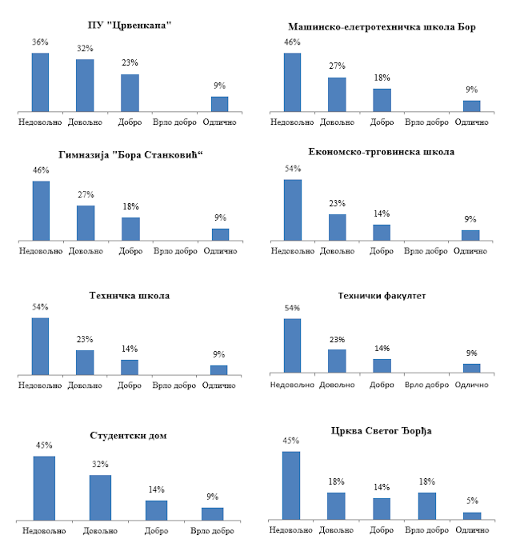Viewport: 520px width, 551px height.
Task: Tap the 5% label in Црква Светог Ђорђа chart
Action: pos(472,501)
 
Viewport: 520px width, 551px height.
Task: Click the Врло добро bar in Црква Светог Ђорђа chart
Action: pos(427,506)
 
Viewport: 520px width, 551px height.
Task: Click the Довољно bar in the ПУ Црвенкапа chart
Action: pos(85,85)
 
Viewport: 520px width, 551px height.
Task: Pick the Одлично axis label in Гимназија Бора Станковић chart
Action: pos(220,251)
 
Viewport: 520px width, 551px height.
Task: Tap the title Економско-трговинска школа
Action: pos(381,151)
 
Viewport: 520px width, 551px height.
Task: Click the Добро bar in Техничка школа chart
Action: pos(130,367)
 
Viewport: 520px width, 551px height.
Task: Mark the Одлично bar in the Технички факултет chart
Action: pos(472,368)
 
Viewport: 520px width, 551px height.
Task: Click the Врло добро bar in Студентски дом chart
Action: pos(213,513)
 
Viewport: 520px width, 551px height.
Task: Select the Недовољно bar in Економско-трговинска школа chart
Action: pos(293,210)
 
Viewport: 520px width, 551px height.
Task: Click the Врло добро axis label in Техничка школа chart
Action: pos(174,385)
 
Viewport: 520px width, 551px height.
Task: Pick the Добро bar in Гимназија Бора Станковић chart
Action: pos(130,229)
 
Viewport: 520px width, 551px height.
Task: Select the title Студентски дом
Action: pos(129,435)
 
